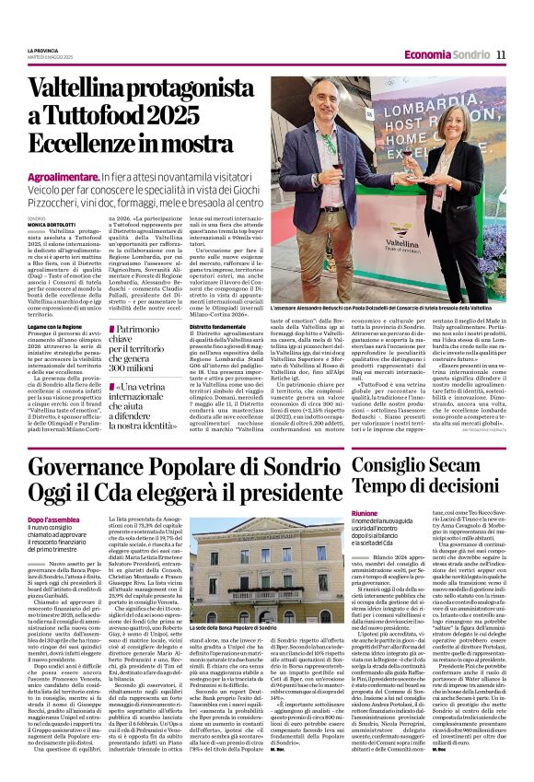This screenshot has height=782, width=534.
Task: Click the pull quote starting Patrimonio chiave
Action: [x=143, y=321]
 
